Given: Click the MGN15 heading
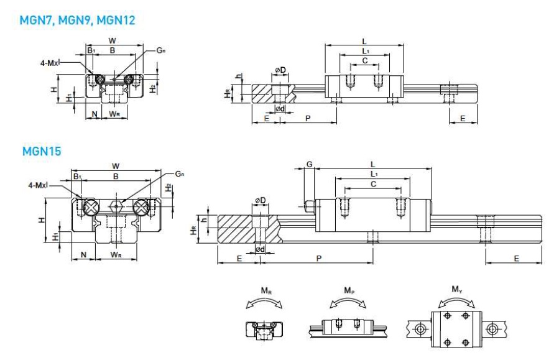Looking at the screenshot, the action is pyautogui.click(x=42, y=151).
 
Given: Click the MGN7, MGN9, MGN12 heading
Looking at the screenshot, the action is pyautogui.click(x=77, y=20).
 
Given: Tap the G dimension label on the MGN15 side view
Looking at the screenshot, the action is pyautogui.click(x=310, y=164).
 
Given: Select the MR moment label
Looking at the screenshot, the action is pyautogui.click(x=266, y=291).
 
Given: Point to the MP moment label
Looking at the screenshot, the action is pyautogui.click(x=349, y=290).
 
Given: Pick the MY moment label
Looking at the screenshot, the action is pyautogui.click(x=456, y=289).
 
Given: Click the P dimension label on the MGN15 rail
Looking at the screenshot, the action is pyautogui.click(x=319, y=258).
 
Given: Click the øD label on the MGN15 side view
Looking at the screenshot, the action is pyautogui.click(x=261, y=201).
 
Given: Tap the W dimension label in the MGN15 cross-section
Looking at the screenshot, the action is pyautogui.click(x=116, y=166).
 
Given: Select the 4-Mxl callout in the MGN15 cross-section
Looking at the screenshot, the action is pyautogui.click(x=38, y=185).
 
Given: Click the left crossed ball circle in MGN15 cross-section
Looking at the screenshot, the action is pyautogui.click(x=91, y=208).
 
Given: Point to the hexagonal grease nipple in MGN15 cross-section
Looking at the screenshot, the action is pyautogui.click(x=116, y=206).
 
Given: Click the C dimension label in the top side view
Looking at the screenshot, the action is pyautogui.click(x=365, y=60).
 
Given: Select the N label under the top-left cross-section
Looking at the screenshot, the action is pyautogui.click(x=95, y=114).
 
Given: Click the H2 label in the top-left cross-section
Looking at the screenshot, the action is pyautogui.click(x=152, y=88).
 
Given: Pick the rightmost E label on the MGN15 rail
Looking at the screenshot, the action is pyautogui.click(x=516, y=259).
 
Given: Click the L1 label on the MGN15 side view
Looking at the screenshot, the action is pyautogui.click(x=374, y=174).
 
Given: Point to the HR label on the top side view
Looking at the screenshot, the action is pyautogui.click(x=227, y=94).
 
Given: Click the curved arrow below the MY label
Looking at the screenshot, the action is pyautogui.click(x=456, y=300).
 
